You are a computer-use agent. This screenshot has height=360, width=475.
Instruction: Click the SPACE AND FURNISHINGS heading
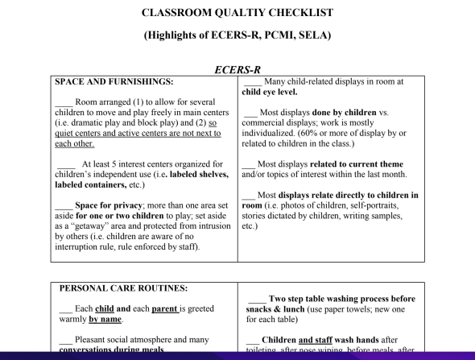click(114, 82)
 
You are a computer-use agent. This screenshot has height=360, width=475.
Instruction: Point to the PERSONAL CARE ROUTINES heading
click(122, 288)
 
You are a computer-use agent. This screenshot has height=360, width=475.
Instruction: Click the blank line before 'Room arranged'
click(64, 103)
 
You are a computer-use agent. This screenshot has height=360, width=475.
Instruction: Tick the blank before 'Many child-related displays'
click(252, 81)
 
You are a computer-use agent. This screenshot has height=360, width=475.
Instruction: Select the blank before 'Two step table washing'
click(257, 298)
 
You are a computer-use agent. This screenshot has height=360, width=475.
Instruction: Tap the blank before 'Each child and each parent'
click(65, 308)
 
